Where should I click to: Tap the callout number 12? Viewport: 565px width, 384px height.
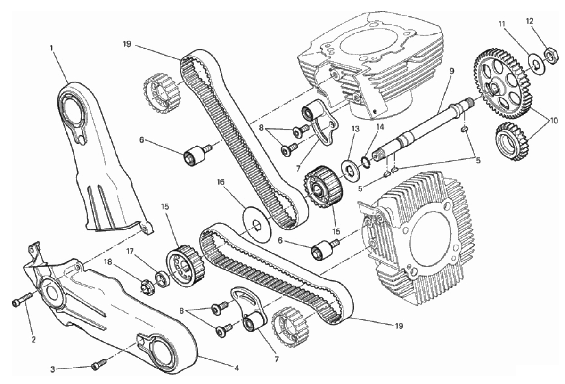529,21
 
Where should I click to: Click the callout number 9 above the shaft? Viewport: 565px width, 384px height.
451,71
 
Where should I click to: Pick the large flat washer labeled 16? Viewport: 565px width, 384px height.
257,224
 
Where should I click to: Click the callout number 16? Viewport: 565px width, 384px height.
221,182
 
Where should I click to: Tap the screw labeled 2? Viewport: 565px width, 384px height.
22,298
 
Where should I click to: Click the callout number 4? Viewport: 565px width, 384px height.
237,368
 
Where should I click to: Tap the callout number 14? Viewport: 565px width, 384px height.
380,127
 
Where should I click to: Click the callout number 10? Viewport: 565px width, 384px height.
553,121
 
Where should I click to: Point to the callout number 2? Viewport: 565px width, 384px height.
33,340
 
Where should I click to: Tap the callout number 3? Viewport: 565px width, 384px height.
53,369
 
